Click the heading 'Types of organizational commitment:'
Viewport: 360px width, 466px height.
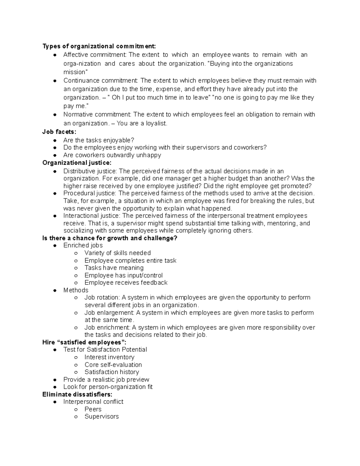tap(99, 46)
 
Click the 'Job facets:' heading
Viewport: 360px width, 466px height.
tap(59, 132)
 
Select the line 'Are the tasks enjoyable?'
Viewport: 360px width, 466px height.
tap(98, 140)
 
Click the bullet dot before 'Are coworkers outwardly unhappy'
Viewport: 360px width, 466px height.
tap(55, 155)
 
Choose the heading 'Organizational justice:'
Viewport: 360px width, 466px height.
tap(77, 163)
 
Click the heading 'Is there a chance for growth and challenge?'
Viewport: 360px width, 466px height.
tap(110, 238)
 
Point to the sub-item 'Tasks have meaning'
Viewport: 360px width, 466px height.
tap(114, 268)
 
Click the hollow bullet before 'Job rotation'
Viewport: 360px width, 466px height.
tap(76, 298)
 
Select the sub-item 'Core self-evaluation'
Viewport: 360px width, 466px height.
tap(113, 365)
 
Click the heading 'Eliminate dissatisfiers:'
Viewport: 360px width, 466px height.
tap(77, 395)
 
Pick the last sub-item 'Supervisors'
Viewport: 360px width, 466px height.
tap(101, 417)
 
